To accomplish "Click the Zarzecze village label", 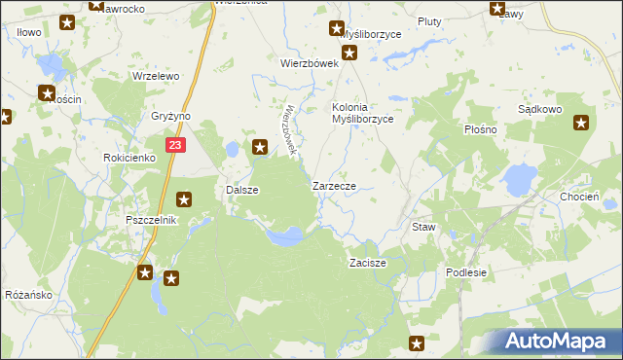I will tap(339, 185).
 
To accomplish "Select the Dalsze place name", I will tap(241, 191).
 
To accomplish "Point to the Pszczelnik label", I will tap(150, 220).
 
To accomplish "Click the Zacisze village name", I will tap(369, 264).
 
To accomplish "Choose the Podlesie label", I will tap(466, 272).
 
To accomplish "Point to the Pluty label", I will tap(429, 21).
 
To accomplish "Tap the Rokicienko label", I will tap(129, 157).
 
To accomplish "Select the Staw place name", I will tap(423, 227).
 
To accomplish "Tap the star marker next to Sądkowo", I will tap(581, 123).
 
